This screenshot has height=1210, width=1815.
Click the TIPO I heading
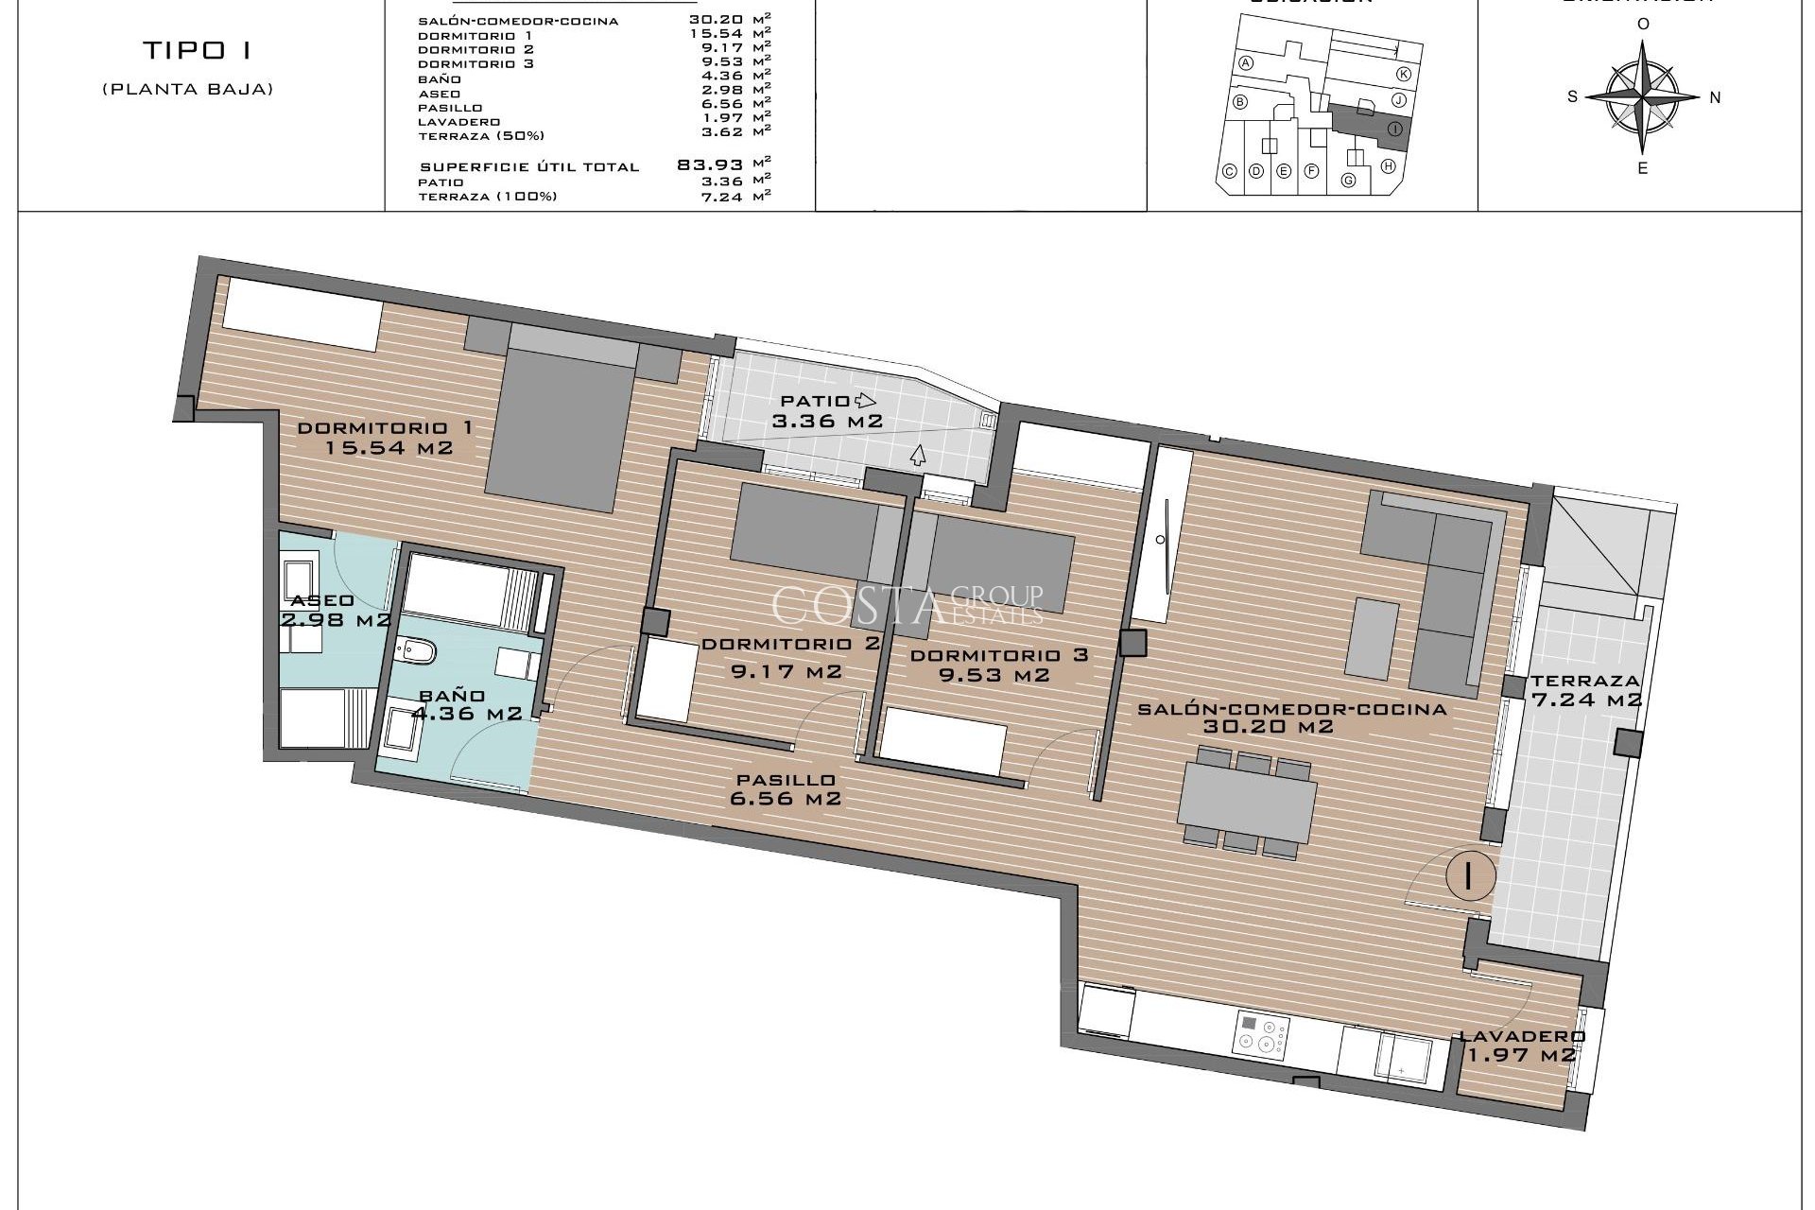tap(197, 50)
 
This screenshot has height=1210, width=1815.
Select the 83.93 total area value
tap(710, 164)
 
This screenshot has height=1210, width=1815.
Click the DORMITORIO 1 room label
tap(385, 428)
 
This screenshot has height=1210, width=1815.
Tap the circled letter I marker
tap(1468, 875)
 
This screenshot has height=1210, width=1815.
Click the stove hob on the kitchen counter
tap(1261, 1034)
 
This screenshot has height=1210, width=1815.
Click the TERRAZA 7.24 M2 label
tap(1586, 690)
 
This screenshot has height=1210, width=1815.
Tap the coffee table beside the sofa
tap(1372, 638)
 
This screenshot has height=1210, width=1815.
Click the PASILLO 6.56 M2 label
tap(786, 788)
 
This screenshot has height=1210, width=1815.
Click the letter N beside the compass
tap(1715, 96)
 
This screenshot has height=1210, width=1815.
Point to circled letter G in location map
tap(1349, 180)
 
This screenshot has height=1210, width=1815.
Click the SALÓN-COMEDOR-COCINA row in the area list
tap(518, 21)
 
